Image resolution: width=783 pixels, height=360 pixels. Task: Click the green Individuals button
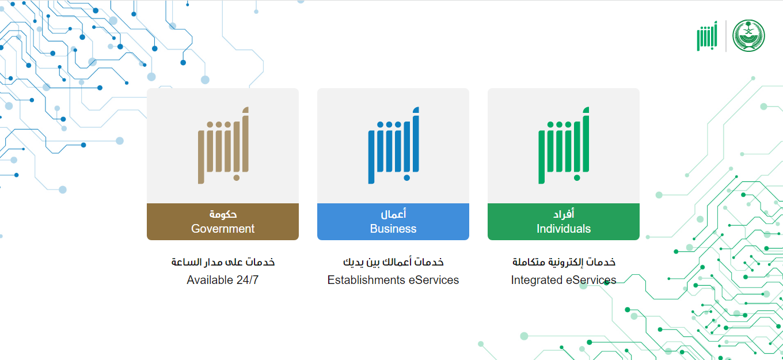564,221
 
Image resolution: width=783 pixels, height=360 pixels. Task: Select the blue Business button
393,221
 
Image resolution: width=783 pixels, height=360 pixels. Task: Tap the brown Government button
223,221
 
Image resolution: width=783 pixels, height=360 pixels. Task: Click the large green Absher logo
564,145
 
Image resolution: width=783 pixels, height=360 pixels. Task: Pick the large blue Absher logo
393,145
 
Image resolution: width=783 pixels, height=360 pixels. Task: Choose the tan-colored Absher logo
223,145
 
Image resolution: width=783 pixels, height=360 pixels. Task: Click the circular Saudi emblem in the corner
748,36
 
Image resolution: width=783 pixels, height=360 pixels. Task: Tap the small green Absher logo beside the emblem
707,36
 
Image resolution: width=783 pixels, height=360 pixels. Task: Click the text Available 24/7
223,280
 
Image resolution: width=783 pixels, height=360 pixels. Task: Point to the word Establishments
366,280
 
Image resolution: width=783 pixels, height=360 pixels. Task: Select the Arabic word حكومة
223,214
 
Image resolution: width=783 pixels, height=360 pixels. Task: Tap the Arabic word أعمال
393,214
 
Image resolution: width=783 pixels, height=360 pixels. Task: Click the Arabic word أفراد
564,214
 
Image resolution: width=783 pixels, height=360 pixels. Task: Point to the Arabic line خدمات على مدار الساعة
223,262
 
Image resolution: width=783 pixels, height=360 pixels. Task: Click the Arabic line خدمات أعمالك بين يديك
393,262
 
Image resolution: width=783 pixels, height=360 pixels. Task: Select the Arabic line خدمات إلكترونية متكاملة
564,262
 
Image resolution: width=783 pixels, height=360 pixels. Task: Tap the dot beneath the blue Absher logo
406,178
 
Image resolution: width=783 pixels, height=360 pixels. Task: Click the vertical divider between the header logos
725,36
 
